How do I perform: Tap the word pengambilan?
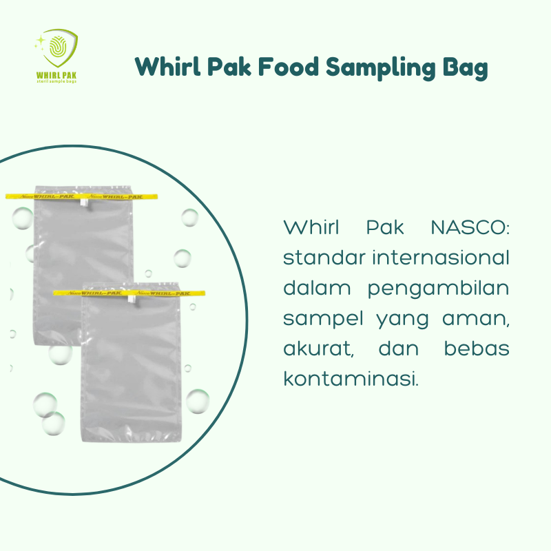(439, 289)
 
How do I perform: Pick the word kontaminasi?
(351, 378)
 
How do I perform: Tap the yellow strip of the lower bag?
(131, 292)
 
